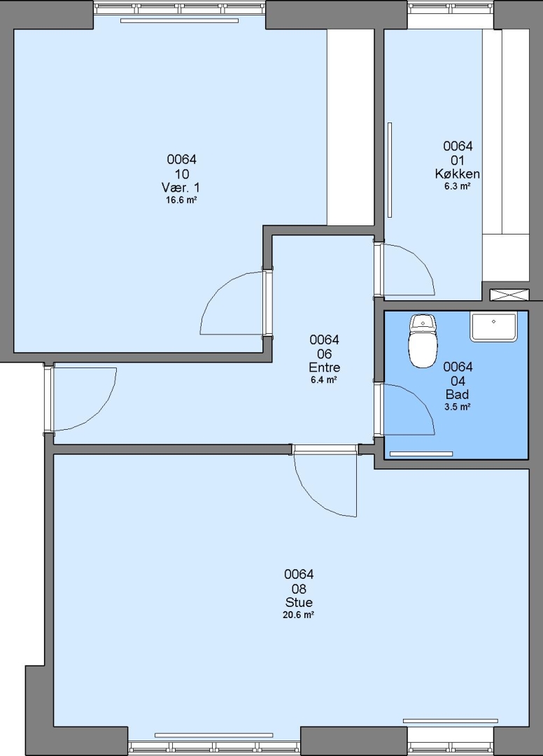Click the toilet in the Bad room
423,341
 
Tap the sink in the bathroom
493,326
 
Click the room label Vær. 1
181,188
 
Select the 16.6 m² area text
181,200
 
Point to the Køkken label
457,174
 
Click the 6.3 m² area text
457,186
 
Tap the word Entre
324,367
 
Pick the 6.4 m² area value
324,380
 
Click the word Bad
457,394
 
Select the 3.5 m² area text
457,407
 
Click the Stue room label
299,602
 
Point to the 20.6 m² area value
299,615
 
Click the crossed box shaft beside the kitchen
509,295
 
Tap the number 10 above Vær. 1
181,174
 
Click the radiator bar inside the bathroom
421,454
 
